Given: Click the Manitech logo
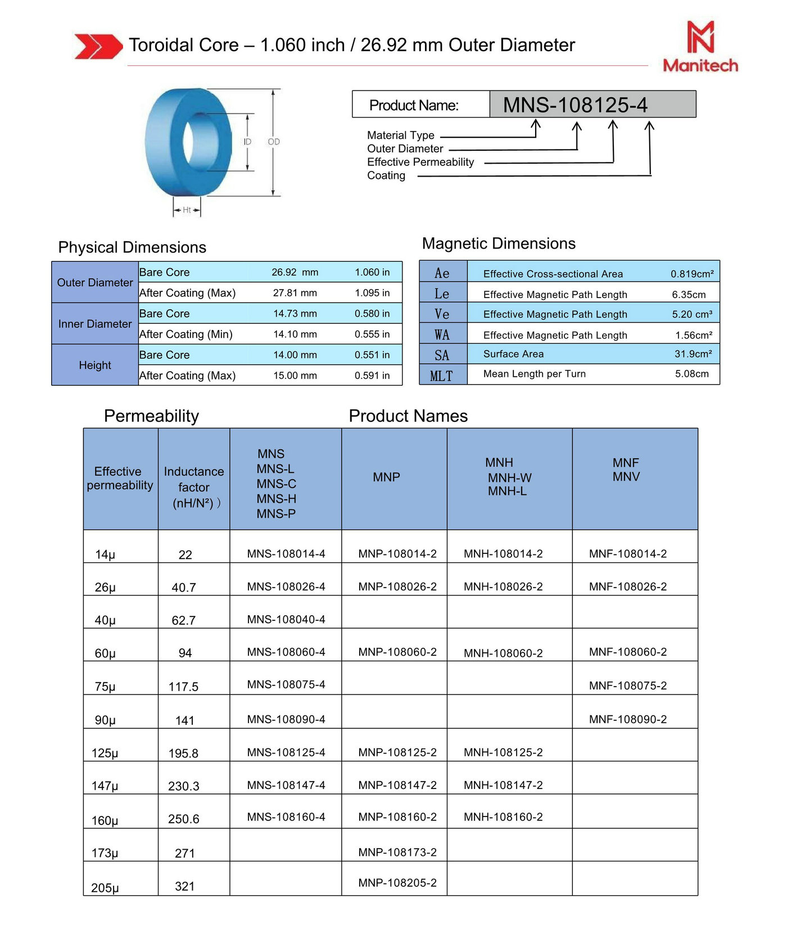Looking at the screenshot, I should (x=700, y=47).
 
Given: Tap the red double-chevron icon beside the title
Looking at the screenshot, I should (x=98, y=46).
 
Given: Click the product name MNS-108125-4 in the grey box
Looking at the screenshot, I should (x=575, y=105).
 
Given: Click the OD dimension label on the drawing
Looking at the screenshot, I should (x=274, y=142).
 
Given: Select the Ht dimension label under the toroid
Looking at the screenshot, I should (x=187, y=210).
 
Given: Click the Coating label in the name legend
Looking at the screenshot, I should (x=386, y=175).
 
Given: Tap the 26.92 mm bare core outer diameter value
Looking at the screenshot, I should (x=295, y=272).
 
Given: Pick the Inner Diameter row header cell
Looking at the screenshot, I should (x=95, y=324).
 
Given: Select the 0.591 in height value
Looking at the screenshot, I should (x=372, y=376).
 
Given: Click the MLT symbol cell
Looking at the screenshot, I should (x=442, y=376).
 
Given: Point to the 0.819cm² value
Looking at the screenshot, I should (x=692, y=274).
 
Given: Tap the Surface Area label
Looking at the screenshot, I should (x=513, y=354).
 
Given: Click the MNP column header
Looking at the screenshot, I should (x=387, y=477).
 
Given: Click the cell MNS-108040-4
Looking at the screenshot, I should (x=286, y=619).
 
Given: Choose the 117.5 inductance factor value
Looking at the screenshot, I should (x=184, y=687).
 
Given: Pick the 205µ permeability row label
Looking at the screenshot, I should (x=105, y=888).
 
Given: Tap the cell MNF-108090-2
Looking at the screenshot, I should (x=628, y=719).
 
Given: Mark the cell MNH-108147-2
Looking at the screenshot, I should (x=503, y=785).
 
